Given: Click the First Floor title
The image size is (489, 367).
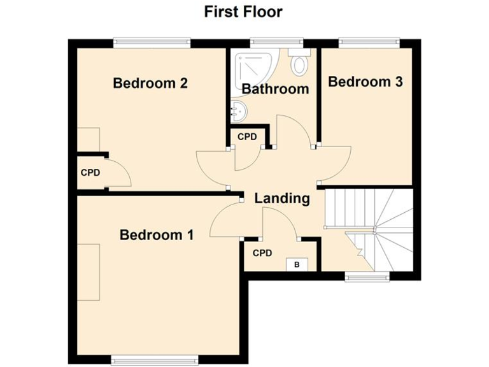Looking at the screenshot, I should (x=243, y=11).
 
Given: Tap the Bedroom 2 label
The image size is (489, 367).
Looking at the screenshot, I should (x=150, y=83).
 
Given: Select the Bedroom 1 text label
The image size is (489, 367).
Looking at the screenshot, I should (x=157, y=235).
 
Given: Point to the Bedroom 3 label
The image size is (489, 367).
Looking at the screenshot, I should (x=365, y=82).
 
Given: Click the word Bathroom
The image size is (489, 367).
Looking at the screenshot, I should (x=275, y=89).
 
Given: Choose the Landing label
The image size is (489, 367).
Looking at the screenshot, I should (x=282, y=198).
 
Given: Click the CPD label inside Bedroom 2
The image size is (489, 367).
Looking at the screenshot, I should (x=90, y=172).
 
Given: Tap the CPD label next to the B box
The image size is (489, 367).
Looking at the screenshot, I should (x=262, y=253).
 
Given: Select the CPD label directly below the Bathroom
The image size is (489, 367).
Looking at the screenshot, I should (x=247, y=137).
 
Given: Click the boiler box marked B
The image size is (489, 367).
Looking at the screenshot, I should (x=296, y=264).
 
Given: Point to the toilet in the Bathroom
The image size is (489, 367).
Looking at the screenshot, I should (x=298, y=63).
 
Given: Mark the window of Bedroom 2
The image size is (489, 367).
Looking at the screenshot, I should (x=152, y=43).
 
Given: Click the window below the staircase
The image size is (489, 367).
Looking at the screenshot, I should (x=367, y=277).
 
